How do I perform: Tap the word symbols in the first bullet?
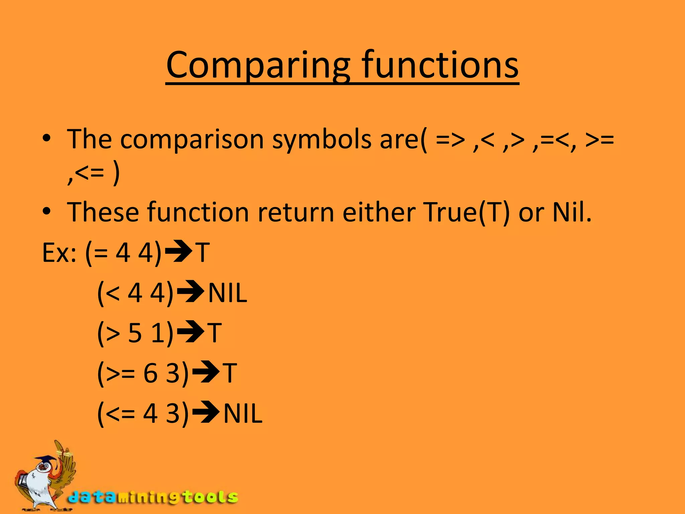pos(321,139)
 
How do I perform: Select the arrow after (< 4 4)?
pos(190,292)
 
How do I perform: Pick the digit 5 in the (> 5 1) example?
pos(135,333)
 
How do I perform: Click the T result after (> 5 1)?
pos(214,333)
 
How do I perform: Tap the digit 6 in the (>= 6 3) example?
pos(150,373)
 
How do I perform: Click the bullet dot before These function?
pos(46,211)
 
